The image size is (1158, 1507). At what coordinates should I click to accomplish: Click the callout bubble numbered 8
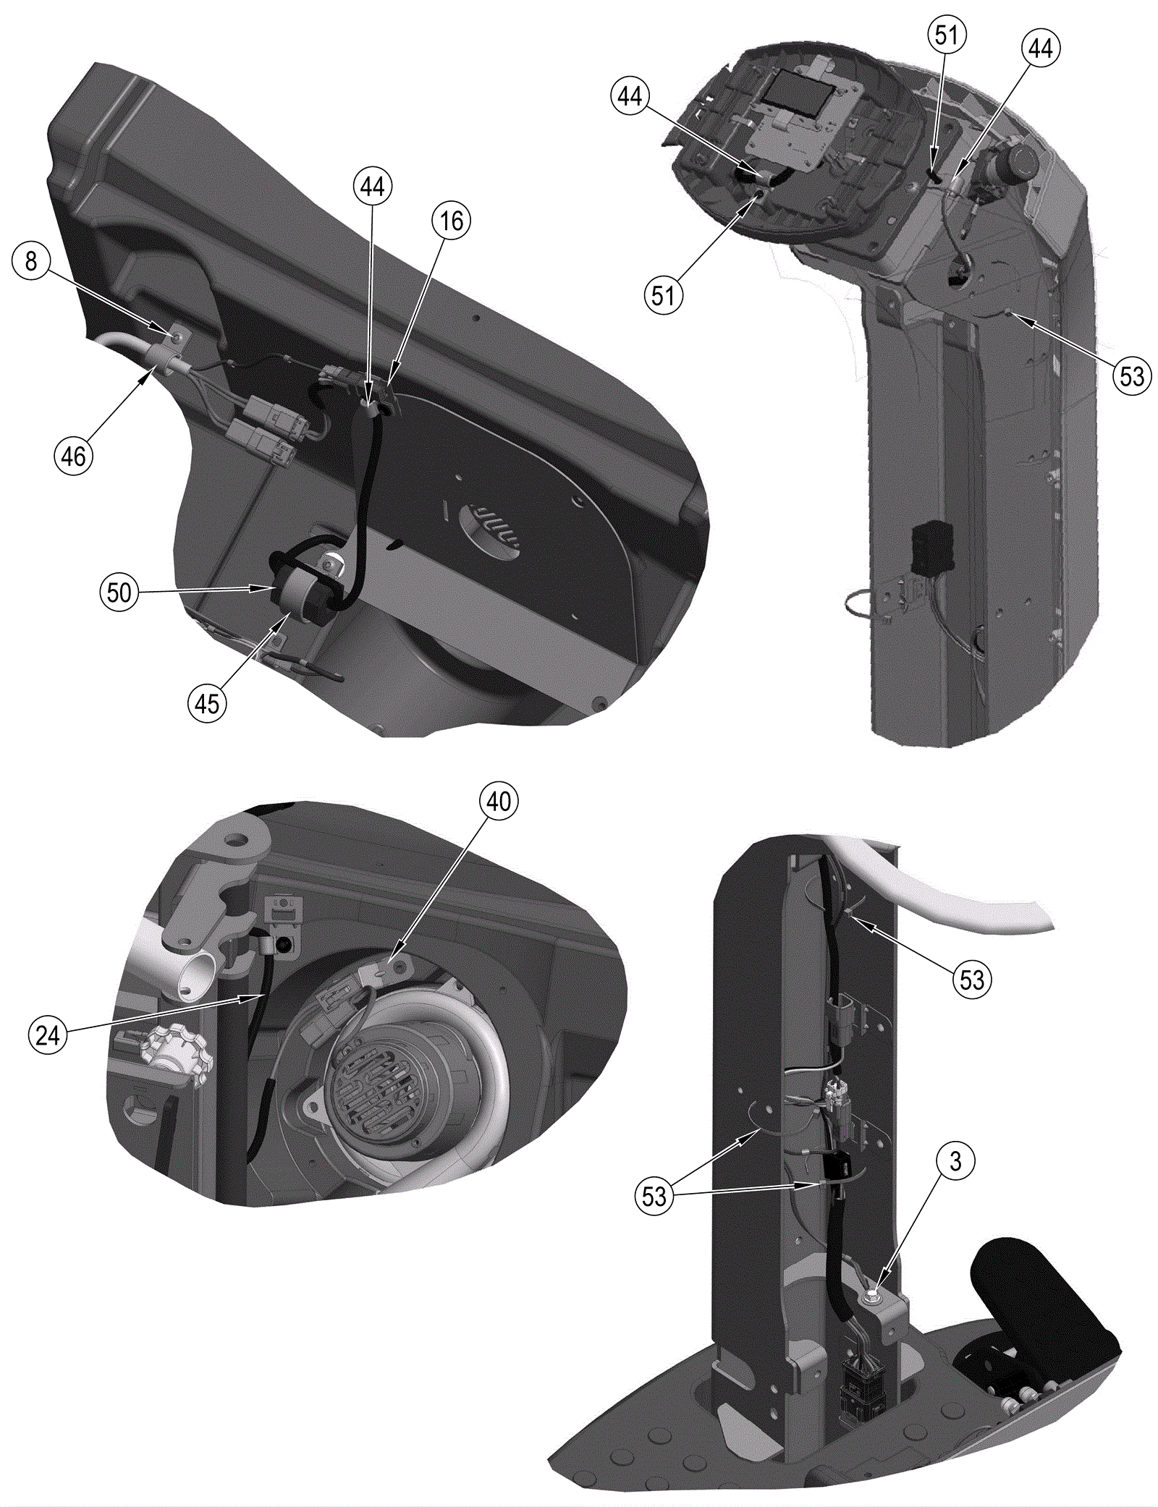click(x=31, y=260)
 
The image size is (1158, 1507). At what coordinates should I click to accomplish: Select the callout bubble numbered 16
click(x=452, y=220)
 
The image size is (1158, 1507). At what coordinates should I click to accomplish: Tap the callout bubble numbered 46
click(x=73, y=456)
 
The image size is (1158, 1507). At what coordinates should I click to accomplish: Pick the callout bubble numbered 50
click(x=119, y=592)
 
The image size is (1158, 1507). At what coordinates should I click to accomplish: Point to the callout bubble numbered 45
click(x=207, y=702)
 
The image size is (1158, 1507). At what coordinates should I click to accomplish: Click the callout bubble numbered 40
click(x=499, y=801)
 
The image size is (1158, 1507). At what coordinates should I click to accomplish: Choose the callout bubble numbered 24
click(x=47, y=1035)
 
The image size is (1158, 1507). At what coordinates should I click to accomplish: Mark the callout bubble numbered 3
click(x=955, y=1161)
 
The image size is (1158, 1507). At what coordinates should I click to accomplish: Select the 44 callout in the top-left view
click(x=373, y=186)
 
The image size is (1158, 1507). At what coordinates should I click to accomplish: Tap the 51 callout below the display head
click(x=663, y=295)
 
